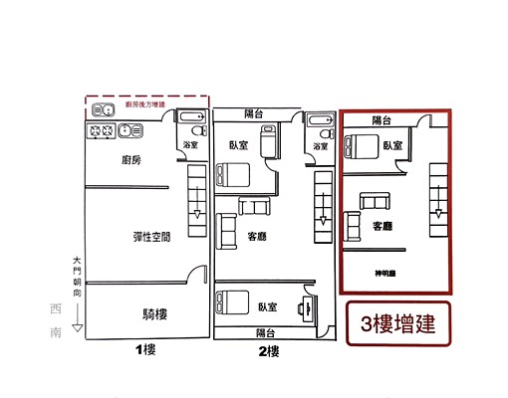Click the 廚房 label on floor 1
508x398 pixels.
(130, 160)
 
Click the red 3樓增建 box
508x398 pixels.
(396, 323)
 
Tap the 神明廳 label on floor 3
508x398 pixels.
(385, 273)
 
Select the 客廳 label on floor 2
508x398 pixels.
(257, 236)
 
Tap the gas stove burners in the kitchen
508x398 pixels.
(102, 129)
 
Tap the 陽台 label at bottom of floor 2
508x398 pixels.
(265, 331)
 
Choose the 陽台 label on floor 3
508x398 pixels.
(382, 119)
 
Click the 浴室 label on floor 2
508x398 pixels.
(320, 146)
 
